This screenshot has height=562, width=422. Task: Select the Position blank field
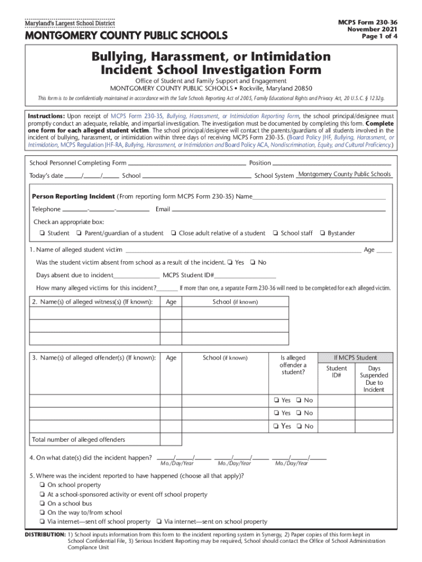tap(332, 164)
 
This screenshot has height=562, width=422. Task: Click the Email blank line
tap(280, 210)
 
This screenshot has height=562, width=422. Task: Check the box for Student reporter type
tap(42, 234)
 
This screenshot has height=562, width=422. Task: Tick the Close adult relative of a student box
tap(173, 234)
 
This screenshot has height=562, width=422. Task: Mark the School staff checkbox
tap(275, 234)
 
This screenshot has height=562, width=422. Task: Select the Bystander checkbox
tap(322, 234)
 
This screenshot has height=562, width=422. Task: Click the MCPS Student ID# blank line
tap(245, 276)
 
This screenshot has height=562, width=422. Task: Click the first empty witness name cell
tap(94, 313)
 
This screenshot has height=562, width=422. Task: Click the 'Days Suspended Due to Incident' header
tap(374, 379)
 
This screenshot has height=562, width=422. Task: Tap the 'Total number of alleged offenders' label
tap(78, 440)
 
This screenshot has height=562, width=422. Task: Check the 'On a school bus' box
tap(42, 504)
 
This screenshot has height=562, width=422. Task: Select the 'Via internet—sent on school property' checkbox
tap(158, 522)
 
